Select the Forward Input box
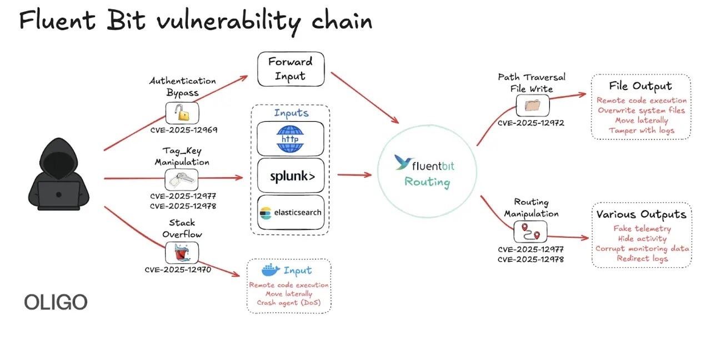pyautogui.click(x=291, y=69)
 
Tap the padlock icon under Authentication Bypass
pyautogui.click(x=182, y=113)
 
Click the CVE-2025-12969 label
pyautogui.click(x=183, y=130)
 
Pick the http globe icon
pyautogui.click(x=291, y=138)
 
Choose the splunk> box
pyautogui.click(x=291, y=176)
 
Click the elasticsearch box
pyautogui.click(x=291, y=212)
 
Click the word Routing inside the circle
pyautogui.click(x=427, y=182)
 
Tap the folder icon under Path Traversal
pyautogui.click(x=533, y=106)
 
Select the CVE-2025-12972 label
pyautogui.click(x=530, y=123)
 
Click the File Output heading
pyautogui.click(x=640, y=86)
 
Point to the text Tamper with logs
pyautogui.click(x=641, y=131)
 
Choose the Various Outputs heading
pyautogui.click(x=641, y=214)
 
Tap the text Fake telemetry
pyautogui.click(x=642, y=228)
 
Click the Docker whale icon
pyautogui.click(x=271, y=271)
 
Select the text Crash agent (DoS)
pyautogui.click(x=289, y=303)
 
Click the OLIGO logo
pyautogui.click(x=56, y=303)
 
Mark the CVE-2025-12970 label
pyautogui.click(x=178, y=270)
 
